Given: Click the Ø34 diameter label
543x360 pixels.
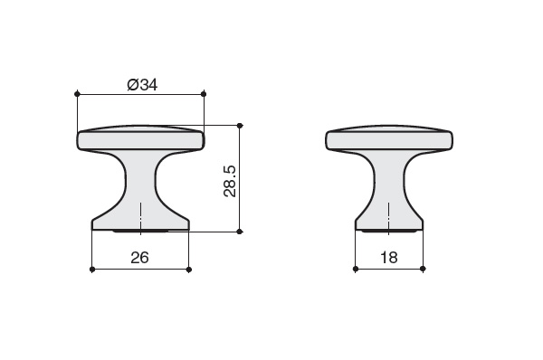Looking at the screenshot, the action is (142, 85).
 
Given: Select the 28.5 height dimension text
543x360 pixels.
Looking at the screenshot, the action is (230, 182).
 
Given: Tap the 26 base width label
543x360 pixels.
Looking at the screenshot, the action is (139, 258).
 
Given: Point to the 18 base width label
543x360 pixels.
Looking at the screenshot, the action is (389, 258).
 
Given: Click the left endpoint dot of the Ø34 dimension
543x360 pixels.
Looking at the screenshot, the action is (77, 94).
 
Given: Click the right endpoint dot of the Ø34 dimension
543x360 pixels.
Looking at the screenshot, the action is (204, 94).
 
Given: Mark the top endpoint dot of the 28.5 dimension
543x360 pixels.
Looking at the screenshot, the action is (239, 126).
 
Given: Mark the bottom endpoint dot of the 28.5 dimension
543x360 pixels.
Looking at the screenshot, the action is (239, 232).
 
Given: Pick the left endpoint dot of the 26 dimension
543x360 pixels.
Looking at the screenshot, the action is (92, 270).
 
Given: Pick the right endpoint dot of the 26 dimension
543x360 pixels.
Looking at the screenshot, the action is (189, 270).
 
